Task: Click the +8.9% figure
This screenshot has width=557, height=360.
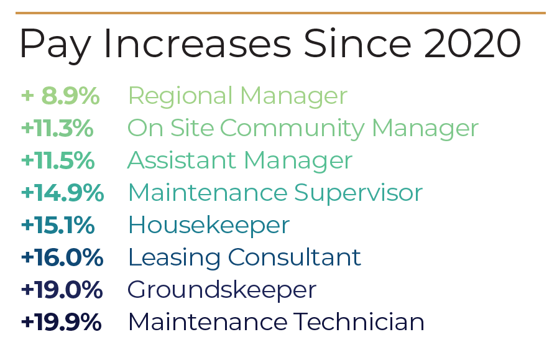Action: tap(60, 96)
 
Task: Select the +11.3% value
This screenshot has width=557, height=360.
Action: tap(57, 128)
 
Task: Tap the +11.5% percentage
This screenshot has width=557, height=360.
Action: tap(58, 160)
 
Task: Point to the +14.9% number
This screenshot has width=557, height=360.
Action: tap(63, 193)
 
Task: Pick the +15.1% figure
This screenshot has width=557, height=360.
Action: tap(58, 225)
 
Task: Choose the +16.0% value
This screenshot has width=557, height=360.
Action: tap(62, 257)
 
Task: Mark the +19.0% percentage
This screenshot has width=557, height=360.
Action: tap(62, 290)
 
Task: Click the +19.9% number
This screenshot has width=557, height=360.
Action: tap(61, 322)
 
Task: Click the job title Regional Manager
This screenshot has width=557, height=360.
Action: tap(237, 96)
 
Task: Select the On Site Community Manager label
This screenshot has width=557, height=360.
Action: tap(303, 129)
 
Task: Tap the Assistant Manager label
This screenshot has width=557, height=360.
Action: tap(240, 160)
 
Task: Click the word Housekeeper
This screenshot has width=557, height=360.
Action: tap(209, 226)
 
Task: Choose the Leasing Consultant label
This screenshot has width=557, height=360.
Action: tap(244, 258)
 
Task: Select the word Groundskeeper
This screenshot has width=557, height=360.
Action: tap(222, 290)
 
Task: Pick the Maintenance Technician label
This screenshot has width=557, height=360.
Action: tap(276, 322)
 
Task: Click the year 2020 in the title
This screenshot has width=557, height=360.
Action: tap(472, 44)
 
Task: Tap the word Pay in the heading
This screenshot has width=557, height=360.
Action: tap(55, 46)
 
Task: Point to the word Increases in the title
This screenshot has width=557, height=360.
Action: tap(198, 44)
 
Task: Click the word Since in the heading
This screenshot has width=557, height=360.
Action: tap(357, 44)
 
